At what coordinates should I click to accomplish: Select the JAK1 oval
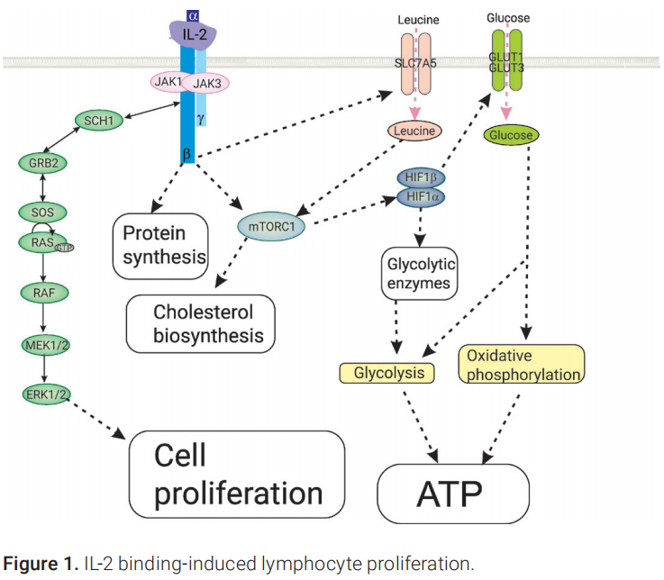[x=168, y=81]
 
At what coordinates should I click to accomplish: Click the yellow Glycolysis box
[x=387, y=372]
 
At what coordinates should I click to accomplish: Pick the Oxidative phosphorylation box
[x=523, y=364]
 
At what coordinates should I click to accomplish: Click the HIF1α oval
[x=421, y=196]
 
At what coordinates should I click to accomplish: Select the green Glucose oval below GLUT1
[x=511, y=135]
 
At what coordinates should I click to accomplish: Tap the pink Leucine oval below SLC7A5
[x=415, y=131]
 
